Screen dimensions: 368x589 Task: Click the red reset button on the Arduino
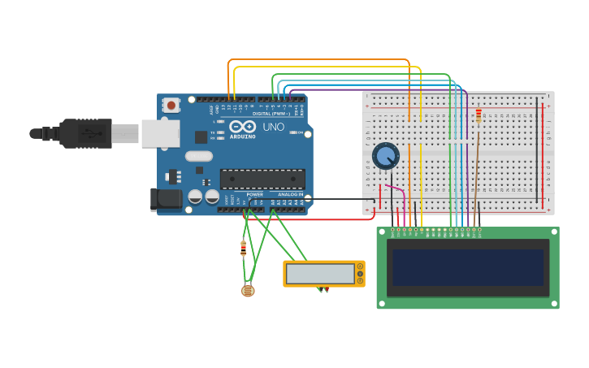click(x=171, y=105)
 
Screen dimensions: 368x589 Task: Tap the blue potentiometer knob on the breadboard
click(x=385, y=155)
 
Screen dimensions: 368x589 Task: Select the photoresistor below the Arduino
click(x=248, y=290)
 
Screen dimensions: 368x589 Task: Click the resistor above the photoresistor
click(x=243, y=248)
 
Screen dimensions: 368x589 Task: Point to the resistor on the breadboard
click(x=479, y=116)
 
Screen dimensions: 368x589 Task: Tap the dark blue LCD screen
click(x=468, y=267)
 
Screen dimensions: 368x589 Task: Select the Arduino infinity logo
click(x=242, y=127)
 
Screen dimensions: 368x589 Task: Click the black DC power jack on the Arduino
click(x=167, y=199)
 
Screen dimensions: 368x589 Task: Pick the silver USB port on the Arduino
click(x=160, y=133)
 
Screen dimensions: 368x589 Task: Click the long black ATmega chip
click(x=262, y=179)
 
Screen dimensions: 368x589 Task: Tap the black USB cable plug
click(x=85, y=133)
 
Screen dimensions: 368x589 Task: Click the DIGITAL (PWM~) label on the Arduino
click(x=272, y=114)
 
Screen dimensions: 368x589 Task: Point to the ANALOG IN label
click(x=289, y=195)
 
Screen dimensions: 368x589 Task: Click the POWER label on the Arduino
click(x=255, y=195)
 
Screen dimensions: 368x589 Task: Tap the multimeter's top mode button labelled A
click(x=360, y=266)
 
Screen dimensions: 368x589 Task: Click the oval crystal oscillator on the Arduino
click(x=198, y=156)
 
